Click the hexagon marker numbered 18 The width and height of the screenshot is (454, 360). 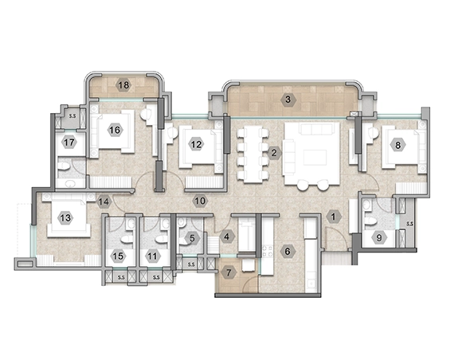tap(123, 85)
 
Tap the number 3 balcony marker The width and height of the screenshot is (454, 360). tap(288, 100)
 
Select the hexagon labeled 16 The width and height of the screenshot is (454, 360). tap(115, 130)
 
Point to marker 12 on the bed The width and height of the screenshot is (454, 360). tap(196, 144)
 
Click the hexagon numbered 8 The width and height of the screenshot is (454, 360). tap(397, 145)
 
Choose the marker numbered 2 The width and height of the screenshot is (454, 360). tap(274, 153)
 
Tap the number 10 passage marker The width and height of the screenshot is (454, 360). tap(200, 201)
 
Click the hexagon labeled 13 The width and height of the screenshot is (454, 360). tap(66, 217)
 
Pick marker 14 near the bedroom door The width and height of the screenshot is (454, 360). tap(104, 202)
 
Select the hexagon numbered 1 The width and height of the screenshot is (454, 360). tap(334, 217)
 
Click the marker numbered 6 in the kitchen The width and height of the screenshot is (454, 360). tap(288, 252)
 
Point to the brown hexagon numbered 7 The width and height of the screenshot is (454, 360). tap(229, 272)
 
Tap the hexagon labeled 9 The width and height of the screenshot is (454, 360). tap(379, 238)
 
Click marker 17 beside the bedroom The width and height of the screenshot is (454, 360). tap(69, 143)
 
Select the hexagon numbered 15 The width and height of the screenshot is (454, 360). tap(119, 256)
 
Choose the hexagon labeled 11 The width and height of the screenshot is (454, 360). tap(153, 256)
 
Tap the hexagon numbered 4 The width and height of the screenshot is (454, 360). tap(227, 237)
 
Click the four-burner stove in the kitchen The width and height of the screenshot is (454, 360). tap(268, 252)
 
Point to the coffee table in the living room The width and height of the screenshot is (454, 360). tap(315, 157)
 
